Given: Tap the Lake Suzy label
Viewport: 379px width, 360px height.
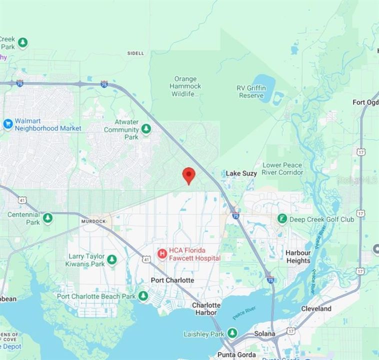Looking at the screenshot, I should pyautogui.click(x=241, y=173).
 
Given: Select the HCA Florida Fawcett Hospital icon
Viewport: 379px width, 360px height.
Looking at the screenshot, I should pyautogui.click(x=162, y=254).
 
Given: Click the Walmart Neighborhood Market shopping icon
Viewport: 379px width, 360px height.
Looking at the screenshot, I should pyautogui.click(x=7, y=124).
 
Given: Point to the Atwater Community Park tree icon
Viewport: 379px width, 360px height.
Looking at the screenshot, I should pyautogui.click(x=146, y=129).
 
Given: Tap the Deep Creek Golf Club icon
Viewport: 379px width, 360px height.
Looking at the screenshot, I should pyautogui.click(x=282, y=219).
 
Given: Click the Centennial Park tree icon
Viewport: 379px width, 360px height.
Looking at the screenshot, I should pyautogui.click(x=47, y=218).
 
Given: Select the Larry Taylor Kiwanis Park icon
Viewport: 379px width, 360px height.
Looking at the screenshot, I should pyautogui.click(x=112, y=260).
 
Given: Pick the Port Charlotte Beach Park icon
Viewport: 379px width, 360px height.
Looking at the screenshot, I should pyautogui.click(x=143, y=296).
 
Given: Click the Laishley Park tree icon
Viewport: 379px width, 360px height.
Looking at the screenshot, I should pyautogui.click(x=232, y=333).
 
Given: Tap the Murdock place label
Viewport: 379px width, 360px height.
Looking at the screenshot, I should pyautogui.click(x=93, y=221).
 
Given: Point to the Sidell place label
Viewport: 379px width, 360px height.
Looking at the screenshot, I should pyautogui.click(x=135, y=53).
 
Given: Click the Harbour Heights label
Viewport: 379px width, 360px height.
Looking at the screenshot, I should pyautogui.click(x=298, y=256).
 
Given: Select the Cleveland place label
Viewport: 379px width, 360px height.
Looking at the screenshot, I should pyautogui.click(x=316, y=308).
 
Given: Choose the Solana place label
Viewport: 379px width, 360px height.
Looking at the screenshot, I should pyautogui.click(x=264, y=333).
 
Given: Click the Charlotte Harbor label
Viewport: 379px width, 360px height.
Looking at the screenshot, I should pyautogui.click(x=206, y=308).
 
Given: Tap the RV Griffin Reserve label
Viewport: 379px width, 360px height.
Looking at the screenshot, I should pyautogui.click(x=250, y=91).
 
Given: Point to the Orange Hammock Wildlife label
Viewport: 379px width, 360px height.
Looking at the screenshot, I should pyautogui.click(x=185, y=86).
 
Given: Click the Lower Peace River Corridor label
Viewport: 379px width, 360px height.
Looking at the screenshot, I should pyautogui.click(x=282, y=168).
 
